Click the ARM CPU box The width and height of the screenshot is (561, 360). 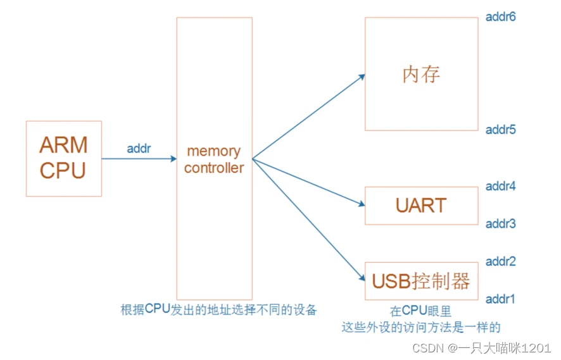click(x=63, y=158)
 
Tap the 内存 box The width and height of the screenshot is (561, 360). click(x=421, y=74)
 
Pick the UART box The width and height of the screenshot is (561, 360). click(x=421, y=206)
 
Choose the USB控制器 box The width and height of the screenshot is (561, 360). click(x=421, y=280)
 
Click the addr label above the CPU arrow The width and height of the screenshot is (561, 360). click(x=139, y=149)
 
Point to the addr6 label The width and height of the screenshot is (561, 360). click(x=501, y=17)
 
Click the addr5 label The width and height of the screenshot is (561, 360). click(x=501, y=130)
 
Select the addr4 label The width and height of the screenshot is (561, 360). click(x=501, y=186)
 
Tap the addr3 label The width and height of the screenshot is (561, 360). click(x=501, y=224)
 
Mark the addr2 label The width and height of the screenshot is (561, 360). click(x=501, y=261)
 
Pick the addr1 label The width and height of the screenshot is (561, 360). click(x=501, y=299)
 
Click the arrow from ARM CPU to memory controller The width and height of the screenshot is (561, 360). click(x=139, y=159)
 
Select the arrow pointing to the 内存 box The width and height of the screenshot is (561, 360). click(x=309, y=116)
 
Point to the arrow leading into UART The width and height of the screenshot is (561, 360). click(x=309, y=182)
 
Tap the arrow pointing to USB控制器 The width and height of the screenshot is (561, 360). click(x=309, y=219)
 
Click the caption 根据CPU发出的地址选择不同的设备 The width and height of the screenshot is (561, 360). click(x=218, y=311)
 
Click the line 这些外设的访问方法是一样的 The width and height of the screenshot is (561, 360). click(x=421, y=327)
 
